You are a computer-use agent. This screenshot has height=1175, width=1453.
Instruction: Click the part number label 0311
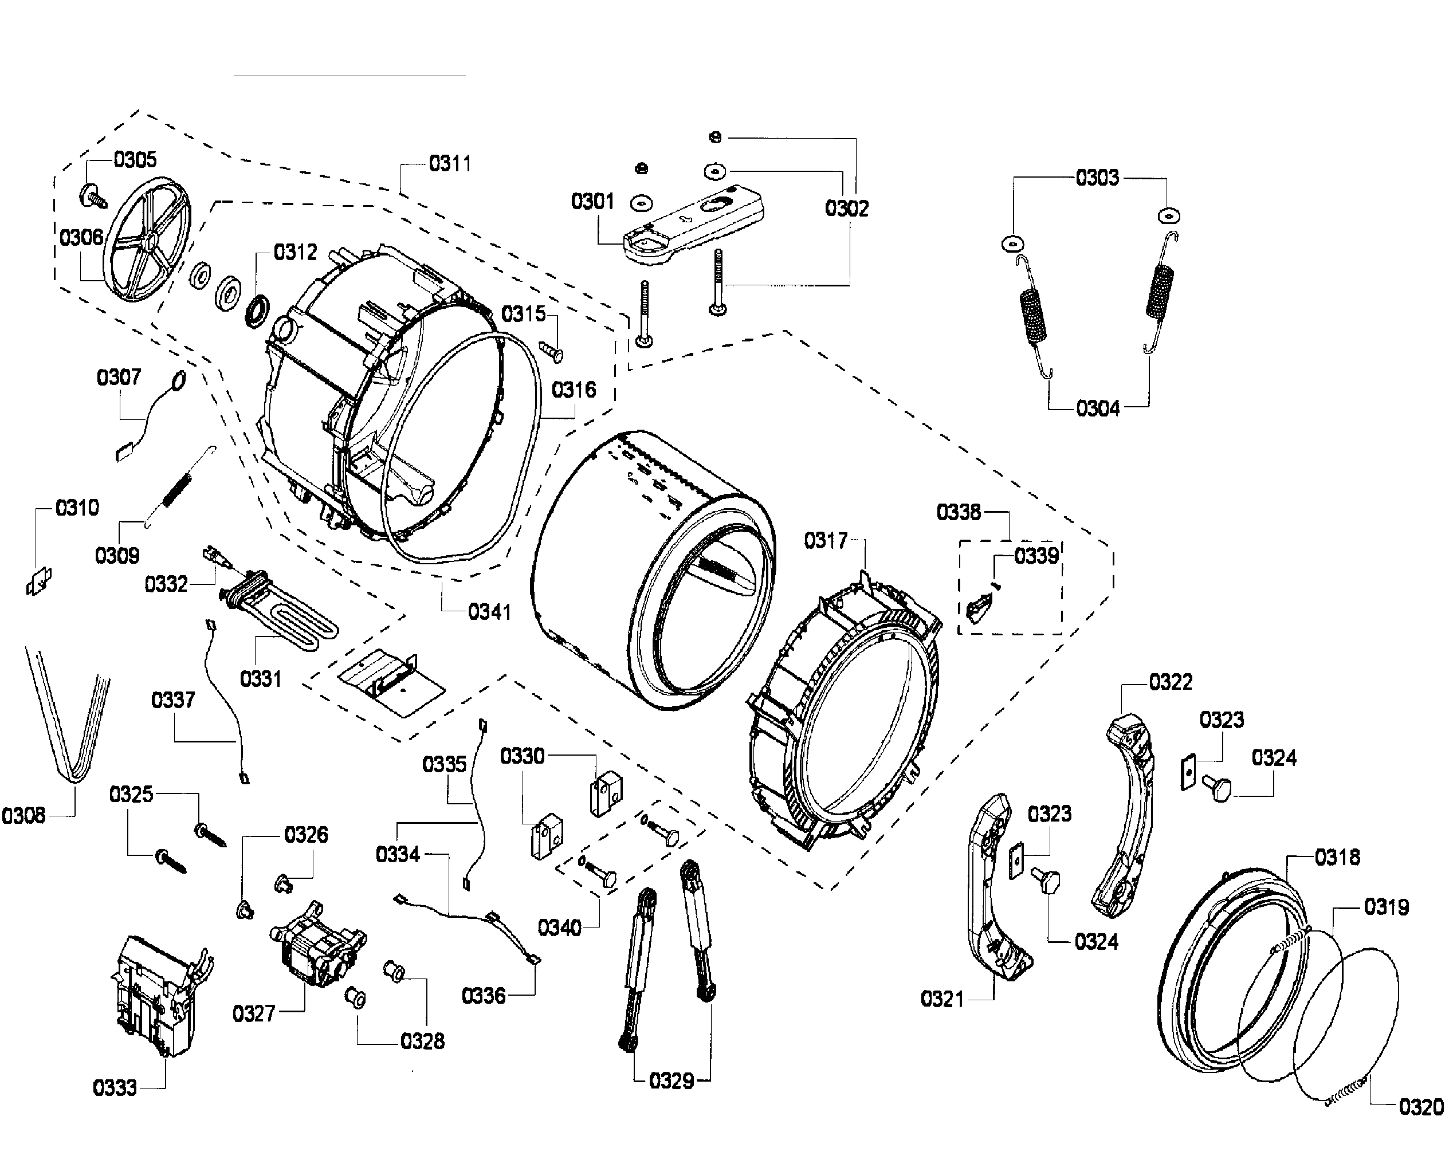(450, 164)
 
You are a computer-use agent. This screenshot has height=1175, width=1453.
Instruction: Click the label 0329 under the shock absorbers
(671, 1081)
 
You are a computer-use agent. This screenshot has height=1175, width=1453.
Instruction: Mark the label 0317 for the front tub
(826, 541)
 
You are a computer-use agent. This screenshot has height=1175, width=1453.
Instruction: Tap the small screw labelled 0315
(552, 351)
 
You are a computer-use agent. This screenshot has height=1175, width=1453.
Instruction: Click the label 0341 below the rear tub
(489, 612)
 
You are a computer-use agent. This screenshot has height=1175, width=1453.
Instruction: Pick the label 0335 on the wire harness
(445, 764)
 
